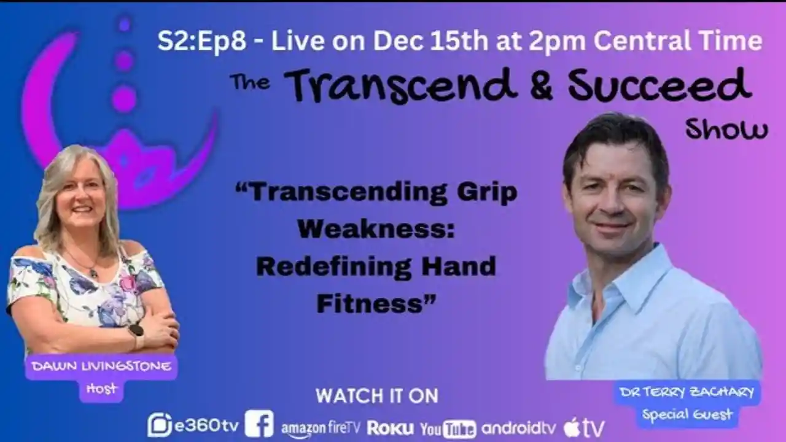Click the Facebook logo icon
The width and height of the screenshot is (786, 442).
259,424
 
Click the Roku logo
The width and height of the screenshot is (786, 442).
390,427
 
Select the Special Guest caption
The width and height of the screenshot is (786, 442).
687,415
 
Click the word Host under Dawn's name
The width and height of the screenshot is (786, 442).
101,389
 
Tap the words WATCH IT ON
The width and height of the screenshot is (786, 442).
376,396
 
